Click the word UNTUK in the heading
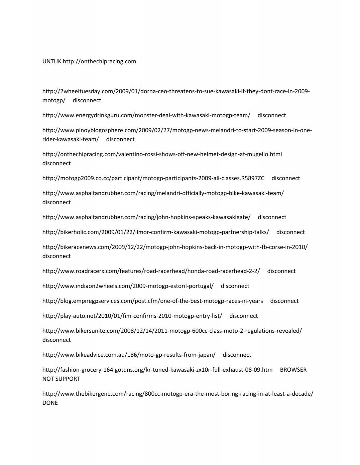[x=52, y=62]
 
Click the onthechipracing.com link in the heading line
[x=99, y=62]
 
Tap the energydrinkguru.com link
[x=146, y=115]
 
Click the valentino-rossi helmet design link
[x=162, y=154]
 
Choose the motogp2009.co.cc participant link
[x=153, y=178]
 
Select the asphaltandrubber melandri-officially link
[x=163, y=193]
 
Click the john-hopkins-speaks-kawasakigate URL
[x=146, y=217]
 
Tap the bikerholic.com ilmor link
[x=155, y=232]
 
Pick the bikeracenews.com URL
[x=175, y=247]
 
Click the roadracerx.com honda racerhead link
[x=151, y=271]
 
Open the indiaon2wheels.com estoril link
[x=128, y=286]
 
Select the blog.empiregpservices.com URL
[x=152, y=301]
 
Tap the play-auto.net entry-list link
[x=132, y=316]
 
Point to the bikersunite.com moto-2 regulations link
[x=172, y=331]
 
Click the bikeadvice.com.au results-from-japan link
[x=129, y=355]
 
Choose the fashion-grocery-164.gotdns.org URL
[x=157, y=370]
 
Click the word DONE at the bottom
[x=50, y=403]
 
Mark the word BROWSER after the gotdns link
[x=293, y=370]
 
